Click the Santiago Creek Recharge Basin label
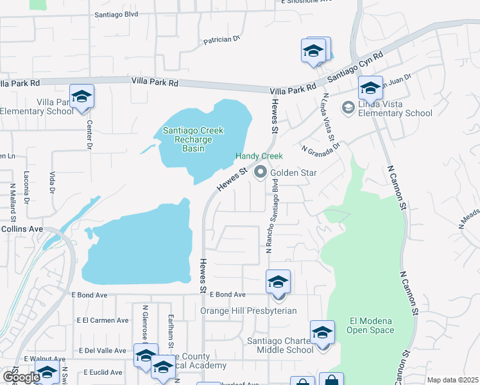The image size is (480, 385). point(193,139)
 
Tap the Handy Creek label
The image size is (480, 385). point(259,156)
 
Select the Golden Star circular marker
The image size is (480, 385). point(261,172)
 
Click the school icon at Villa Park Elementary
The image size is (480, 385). point(81,97)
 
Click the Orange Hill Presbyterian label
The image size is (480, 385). point(248,311)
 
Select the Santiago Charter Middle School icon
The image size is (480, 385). point(322,333)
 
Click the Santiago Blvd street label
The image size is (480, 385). point(116,13)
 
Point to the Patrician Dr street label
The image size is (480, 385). point(221,40)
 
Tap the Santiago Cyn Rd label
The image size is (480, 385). point(355,67)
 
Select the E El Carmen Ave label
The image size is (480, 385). point(103,320)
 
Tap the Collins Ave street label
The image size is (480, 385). point(22,228)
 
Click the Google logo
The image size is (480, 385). point(21,377)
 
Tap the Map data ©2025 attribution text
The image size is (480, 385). point(452,380)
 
